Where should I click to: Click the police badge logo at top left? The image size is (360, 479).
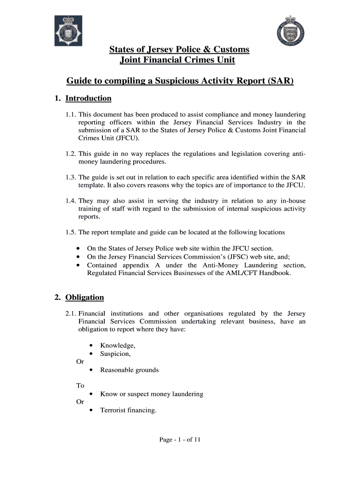(68, 31)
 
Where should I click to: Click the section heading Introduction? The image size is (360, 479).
(88, 98)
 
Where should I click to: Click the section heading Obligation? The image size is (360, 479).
(85, 298)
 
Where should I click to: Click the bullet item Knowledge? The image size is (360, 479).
(118, 346)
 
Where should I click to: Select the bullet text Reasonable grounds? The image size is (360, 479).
(130, 370)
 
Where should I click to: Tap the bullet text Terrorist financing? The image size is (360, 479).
(128, 410)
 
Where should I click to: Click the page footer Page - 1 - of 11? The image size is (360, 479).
(180, 440)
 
